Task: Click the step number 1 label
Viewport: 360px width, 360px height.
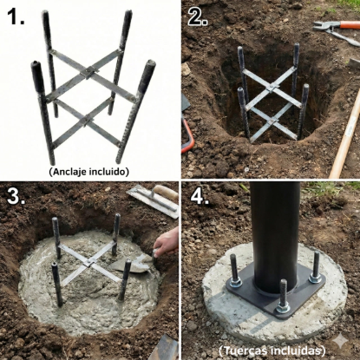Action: pos(16,16)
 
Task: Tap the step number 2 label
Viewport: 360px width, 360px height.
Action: pos(198,16)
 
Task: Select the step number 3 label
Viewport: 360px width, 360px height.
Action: pos(16,196)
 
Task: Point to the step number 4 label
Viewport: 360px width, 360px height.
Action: pos(200,198)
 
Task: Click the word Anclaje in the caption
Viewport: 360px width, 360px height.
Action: pos(69,172)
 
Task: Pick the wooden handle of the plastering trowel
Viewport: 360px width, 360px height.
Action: pos(165,193)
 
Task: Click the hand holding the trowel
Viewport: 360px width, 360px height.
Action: pos(167,241)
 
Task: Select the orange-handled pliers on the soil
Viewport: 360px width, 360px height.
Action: pos(336,30)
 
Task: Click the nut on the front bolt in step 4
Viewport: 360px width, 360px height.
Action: pos(283,309)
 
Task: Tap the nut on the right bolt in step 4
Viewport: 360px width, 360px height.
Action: pos(315,278)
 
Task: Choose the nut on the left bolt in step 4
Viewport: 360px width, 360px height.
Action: pos(236,283)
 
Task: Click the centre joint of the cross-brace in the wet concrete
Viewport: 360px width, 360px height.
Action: pos(88,263)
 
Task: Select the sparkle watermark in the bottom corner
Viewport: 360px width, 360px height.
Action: pos(341,343)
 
